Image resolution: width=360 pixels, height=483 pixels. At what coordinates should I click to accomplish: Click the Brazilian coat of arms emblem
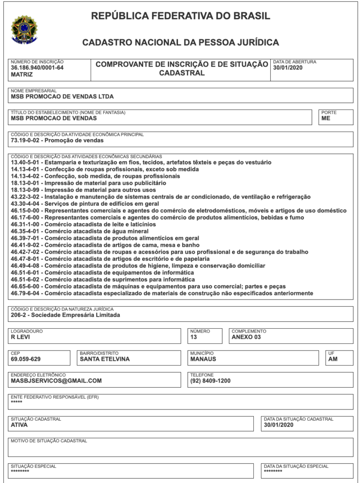[23, 30]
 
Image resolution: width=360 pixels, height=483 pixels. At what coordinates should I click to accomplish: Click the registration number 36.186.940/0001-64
[37, 68]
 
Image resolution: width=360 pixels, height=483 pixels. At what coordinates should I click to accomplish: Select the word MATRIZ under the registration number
[22, 75]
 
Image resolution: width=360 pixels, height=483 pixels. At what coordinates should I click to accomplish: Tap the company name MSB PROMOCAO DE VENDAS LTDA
[62, 97]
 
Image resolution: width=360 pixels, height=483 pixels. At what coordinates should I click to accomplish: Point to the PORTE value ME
[326, 118]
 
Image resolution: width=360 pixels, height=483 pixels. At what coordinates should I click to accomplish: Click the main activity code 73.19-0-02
[26, 141]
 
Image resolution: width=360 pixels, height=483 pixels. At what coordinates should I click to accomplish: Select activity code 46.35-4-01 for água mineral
[26, 232]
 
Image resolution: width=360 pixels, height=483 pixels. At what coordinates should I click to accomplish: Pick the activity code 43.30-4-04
[26, 204]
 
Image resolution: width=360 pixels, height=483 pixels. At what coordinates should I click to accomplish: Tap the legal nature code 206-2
[19, 315]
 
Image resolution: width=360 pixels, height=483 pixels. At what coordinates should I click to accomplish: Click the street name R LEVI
[20, 337]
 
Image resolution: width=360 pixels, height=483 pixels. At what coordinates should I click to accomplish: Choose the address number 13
[193, 337]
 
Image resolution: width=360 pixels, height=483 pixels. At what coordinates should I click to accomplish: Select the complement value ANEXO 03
[246, 337]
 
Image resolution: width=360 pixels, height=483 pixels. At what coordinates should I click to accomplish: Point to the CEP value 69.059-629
[25, 359]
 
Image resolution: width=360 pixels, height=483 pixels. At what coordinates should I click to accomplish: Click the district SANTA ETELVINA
[105, 359]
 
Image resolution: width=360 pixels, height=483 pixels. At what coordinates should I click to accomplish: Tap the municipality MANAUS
[203, 359]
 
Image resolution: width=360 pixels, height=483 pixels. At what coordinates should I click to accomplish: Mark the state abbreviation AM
[333, 359]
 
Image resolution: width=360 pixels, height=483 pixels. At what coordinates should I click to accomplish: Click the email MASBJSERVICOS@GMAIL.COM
[56, 381]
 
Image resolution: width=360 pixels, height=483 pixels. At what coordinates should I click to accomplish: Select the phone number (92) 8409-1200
[210, 381]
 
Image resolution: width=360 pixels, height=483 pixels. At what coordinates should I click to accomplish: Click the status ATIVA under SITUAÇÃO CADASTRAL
[19, 425]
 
